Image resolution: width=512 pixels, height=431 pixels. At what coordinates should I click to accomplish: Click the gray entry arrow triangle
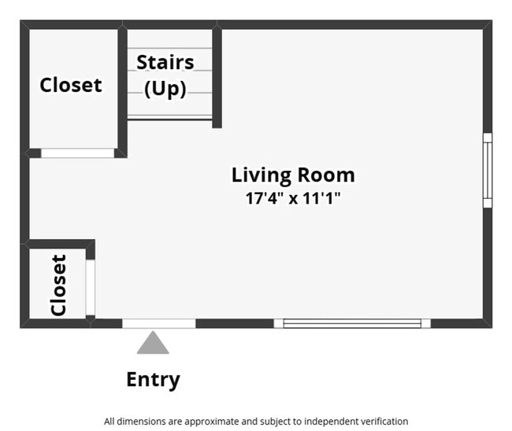click(x=153, y=343)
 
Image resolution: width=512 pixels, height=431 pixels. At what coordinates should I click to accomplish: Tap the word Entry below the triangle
click(x=153, y=380)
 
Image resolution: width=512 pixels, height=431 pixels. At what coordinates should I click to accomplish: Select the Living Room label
click(x=293, y=175)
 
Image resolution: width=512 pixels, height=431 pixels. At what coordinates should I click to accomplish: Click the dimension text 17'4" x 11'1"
click(x=293, y=198)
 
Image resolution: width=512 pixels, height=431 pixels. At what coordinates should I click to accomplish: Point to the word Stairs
click(x=165, y=62)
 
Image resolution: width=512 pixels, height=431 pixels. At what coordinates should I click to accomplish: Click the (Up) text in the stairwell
click(x=165, y=89)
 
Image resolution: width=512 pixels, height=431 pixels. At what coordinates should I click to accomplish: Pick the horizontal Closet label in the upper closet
click(x=71, y=85)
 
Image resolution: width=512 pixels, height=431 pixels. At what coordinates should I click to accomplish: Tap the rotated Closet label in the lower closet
click(x=59, y=285)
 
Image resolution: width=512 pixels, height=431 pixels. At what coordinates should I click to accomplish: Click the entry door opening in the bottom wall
click(x=159, y=323)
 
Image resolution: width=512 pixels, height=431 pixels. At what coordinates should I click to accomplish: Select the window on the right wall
click(x=488, y=170)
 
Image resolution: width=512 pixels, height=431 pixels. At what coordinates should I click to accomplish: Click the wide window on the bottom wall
click(x=352, y=323)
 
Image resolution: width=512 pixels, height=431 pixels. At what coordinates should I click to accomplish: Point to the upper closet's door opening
click(x=78, y=153)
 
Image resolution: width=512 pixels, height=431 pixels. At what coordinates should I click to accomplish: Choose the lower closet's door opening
click(x=91, y=288)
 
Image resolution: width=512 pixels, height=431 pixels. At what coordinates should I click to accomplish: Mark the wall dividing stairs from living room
click(x=217, y=76)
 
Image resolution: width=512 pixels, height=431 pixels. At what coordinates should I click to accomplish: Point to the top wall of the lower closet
click(x=60, y=244)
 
